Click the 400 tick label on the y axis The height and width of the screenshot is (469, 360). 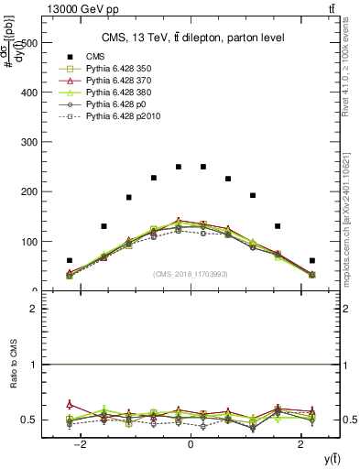pyautogui.click(x=31, y=93)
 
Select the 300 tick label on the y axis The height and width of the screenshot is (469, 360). pyautogui.click(x=31, y=142)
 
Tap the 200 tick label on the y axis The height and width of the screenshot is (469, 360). pyautogui.click(x=31, y=192)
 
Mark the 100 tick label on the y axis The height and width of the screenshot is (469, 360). pyautogui.click(x=31, y=242)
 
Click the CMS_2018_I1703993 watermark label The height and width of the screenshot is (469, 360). pyautogui.click(x=190, y=274)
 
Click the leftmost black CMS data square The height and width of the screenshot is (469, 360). pyautogui.click(x=70, y=261)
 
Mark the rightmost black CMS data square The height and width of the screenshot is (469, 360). pyautogui.click(x=311, y=261)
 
